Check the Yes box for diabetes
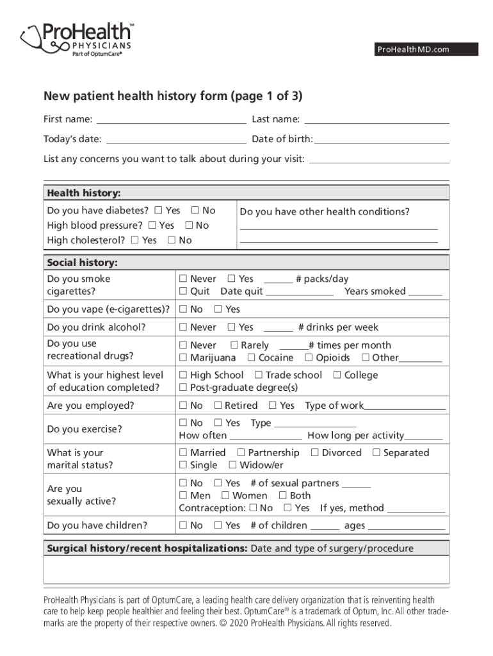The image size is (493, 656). [158, 211]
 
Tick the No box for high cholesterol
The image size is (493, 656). [172, 241]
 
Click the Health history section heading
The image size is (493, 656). [84, 193]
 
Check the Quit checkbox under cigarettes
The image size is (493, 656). [183, 291]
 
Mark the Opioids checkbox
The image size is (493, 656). [309, 358]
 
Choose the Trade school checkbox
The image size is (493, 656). [259, 375]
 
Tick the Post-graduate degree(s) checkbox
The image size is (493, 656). [183, 388]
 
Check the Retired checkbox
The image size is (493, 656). [218, 406]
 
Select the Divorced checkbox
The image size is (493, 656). [314, 453]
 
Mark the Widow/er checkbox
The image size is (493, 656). [233, 466]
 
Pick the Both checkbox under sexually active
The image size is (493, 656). [283, 496]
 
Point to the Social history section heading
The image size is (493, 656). [83, 263]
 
